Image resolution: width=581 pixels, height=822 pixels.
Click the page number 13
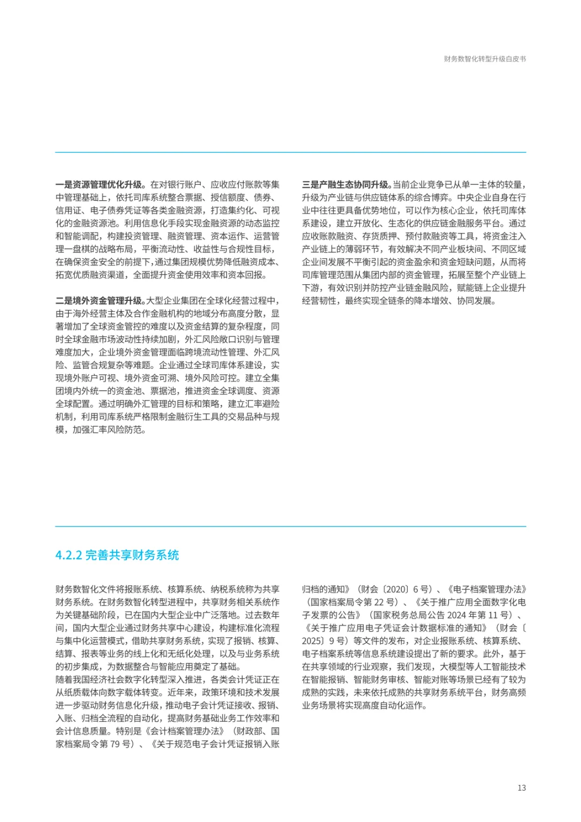(521, 788)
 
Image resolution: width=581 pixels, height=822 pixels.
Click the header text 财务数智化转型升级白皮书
(485, 59)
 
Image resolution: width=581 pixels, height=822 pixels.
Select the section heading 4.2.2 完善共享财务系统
(117, 555)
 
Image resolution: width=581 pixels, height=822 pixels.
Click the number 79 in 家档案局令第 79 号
(114, 744)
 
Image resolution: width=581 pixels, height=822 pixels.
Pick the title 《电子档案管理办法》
(486, 589)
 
